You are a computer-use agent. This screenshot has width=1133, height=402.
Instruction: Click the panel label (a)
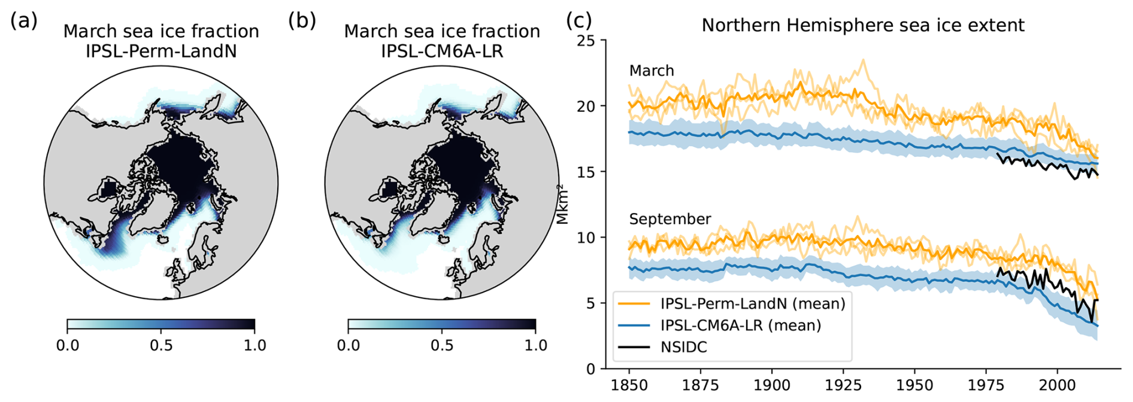click(24, 21)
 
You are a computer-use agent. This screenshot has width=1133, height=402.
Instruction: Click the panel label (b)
click(301, 21)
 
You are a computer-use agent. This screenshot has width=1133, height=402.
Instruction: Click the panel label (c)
click(579, 21)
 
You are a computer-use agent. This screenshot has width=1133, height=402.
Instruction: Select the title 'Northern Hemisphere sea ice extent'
click(863, 26)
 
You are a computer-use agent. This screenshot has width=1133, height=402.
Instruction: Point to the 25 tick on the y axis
click(587, 41)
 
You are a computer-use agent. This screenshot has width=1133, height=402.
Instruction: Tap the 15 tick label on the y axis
click(587, 172)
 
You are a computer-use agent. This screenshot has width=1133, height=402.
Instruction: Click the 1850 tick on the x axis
click(629, 385)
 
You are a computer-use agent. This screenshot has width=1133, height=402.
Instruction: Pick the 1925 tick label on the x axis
click(843, 385)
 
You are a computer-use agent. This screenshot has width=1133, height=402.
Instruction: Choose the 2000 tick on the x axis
click(1057, 385)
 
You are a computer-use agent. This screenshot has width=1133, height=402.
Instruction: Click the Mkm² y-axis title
click(562, 205)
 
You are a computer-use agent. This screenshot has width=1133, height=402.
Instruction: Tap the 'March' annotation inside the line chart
click(652, 71)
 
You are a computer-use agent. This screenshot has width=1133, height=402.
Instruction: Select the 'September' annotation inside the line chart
click(669, 219)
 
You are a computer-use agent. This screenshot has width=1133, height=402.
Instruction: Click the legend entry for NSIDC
click(683, 347)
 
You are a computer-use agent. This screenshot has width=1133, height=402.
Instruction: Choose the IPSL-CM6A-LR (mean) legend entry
click(740, 325)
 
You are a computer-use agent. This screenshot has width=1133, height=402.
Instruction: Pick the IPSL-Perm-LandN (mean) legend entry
click(752, 304)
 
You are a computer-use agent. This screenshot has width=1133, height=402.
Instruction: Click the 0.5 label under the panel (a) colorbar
click(161, 345)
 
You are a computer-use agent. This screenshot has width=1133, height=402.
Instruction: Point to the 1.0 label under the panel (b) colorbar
click(535, 345)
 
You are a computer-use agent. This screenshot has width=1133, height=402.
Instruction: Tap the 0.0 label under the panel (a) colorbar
click(68, 345)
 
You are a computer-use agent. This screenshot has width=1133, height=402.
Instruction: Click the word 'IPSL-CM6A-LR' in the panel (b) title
click(442, 51)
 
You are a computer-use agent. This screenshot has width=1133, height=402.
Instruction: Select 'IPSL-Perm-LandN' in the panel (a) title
click(161, 51)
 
